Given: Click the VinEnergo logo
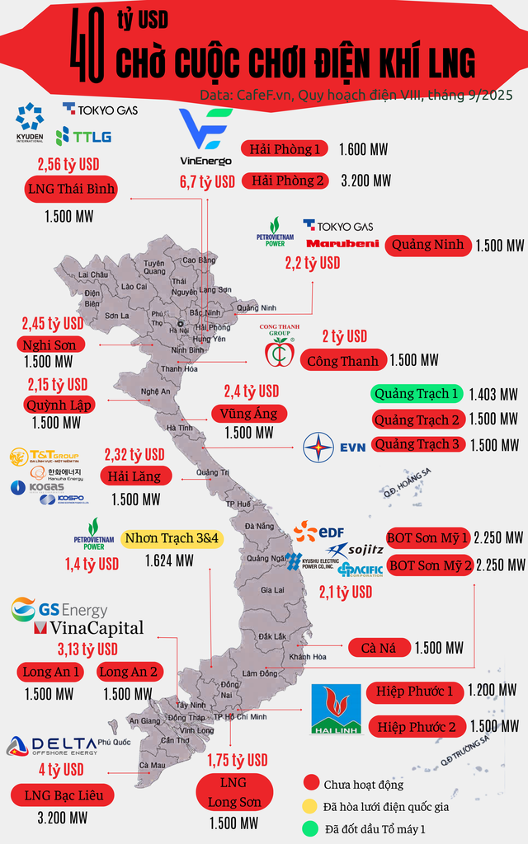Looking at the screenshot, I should [x=205, y=136].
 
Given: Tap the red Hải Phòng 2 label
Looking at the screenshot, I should [x=285, y=180].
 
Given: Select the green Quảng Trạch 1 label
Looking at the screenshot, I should [x=415, y=394].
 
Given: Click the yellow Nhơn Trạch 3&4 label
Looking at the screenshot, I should [x=172, y=538].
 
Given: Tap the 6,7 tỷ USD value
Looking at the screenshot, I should [x=207, y=182].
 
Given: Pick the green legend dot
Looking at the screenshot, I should [x=311, y=828].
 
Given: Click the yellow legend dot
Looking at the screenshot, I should [x=311, y=805].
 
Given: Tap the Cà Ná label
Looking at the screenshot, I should [x=379, y=648].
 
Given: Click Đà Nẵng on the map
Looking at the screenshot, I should [x=258, y=526].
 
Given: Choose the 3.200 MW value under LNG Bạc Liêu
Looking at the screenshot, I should [x=62, y=818].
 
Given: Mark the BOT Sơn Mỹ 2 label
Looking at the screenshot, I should [x=429, y=565].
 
